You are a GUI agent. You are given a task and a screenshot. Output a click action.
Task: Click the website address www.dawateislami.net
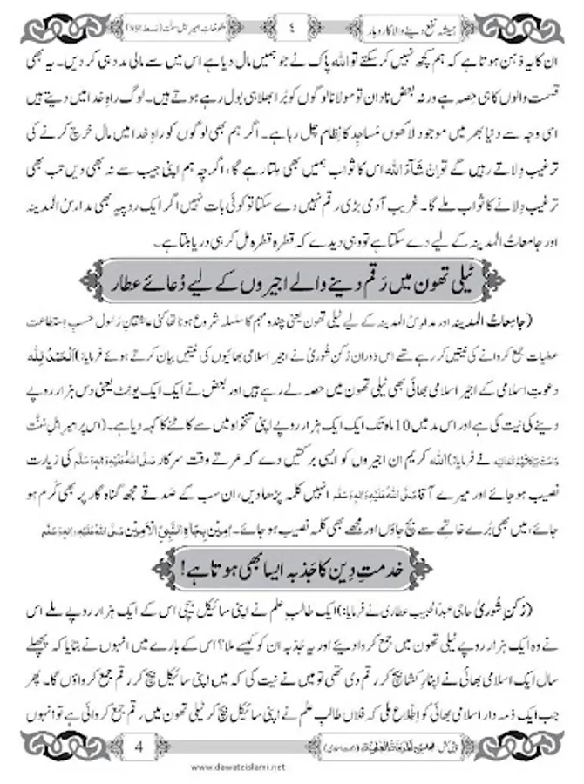pyautogui.click(x=292, y=771)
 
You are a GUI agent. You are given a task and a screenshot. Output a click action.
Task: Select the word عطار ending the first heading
pyautogui.click(x=136, y=286)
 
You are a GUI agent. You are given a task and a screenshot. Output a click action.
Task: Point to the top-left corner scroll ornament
pyautogui.click(x=52, y=25)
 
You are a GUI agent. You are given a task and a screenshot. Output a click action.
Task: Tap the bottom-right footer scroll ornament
pyautogui.click(x=523, y=747)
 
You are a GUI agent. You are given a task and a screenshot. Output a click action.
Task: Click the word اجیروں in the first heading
pyautogui.click(x=261, y=286)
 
